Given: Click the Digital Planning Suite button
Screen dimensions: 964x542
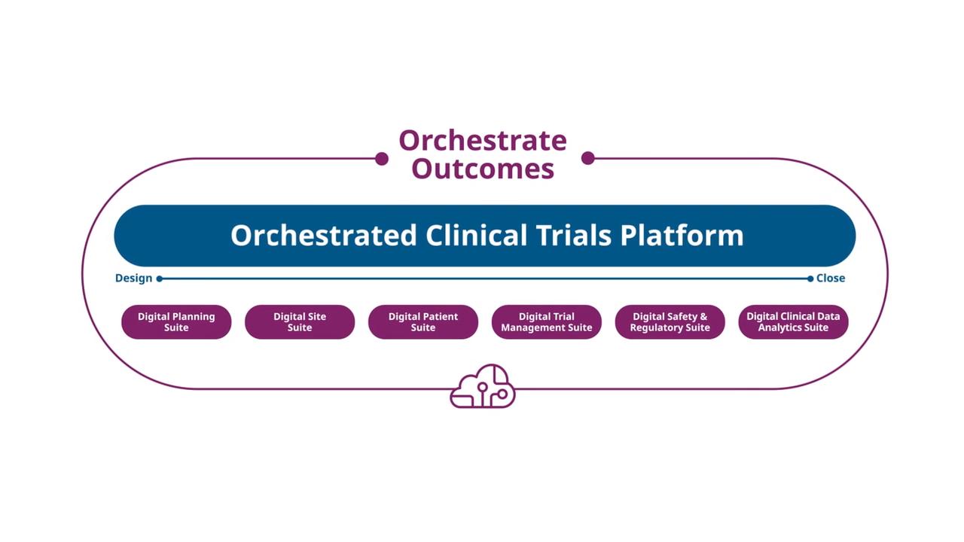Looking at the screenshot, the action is pos(176,322).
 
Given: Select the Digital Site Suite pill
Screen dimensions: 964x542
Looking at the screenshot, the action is pos(300,322).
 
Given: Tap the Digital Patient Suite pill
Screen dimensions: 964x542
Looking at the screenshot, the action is pos(423,322).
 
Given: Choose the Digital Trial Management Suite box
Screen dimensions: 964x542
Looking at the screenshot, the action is pos(547,322).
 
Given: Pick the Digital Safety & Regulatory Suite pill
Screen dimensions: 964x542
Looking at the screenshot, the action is pos(670,322).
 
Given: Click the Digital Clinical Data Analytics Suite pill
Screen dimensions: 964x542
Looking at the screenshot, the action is pos(793,322).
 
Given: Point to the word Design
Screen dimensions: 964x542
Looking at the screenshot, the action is pos(133,279).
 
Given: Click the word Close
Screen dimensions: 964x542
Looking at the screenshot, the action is pos(831,279).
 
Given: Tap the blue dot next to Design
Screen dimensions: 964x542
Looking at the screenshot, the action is pos(159,279).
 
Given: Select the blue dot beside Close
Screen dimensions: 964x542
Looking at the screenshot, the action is pos(810,279).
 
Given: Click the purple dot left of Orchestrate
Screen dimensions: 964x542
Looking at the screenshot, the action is pos(382,159).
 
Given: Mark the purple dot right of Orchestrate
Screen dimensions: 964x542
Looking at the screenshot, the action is pos(588,158).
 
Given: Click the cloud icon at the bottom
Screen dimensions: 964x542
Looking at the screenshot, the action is pos(483,386).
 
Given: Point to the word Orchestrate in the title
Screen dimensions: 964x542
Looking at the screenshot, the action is pos(483,140).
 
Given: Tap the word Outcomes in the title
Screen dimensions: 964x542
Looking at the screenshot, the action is pos(483,168).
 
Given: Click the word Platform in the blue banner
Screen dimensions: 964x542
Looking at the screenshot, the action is pos(682,236).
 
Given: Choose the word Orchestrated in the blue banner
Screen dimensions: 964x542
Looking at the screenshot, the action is pos(324,236).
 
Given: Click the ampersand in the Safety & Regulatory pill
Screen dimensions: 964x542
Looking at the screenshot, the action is pos(703,317).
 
